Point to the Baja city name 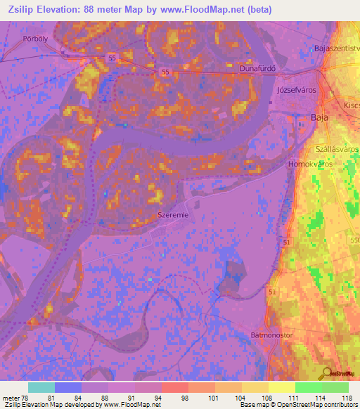point(319,118)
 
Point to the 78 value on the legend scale point(27,398)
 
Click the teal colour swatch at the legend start point(41,387)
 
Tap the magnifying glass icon point(326,373)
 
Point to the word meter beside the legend point(11,398)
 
